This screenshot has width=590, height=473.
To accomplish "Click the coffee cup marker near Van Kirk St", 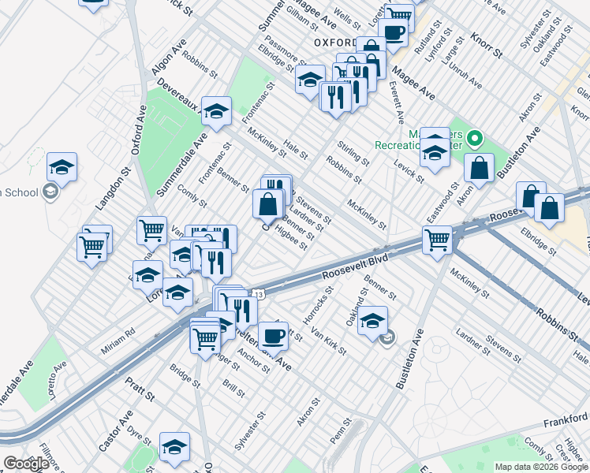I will tap(273, 335).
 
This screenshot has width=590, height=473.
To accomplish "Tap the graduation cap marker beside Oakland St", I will tap(372, 321).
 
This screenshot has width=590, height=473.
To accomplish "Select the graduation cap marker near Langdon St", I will tap(62, 166).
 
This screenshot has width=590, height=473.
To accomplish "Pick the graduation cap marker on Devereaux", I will tap(215, 111).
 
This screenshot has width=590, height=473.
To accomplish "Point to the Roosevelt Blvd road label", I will tap(357, 266).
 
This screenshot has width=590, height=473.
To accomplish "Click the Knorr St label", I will tap(487, 47).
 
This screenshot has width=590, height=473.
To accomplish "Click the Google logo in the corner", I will tap(26, 464).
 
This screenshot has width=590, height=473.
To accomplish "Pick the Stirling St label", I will tap(353, 153).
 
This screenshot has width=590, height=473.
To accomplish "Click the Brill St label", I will tap(234, 389).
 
